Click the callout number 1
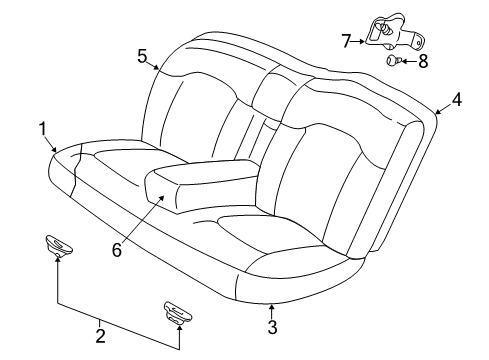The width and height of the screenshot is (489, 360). tap(43, 127)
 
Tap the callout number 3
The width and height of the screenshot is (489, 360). tap(271, 326)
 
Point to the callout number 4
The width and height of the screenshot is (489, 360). tap(455, 99)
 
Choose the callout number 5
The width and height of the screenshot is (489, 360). tap(142, 56)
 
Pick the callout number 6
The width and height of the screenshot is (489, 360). tap(117, 250)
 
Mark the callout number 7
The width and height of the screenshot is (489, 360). tap(345, 41)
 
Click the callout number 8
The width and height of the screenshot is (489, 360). tap(423, 61)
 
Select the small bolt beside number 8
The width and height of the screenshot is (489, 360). tap(394, 62)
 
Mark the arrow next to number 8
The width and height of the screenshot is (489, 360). tap(408, 61)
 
